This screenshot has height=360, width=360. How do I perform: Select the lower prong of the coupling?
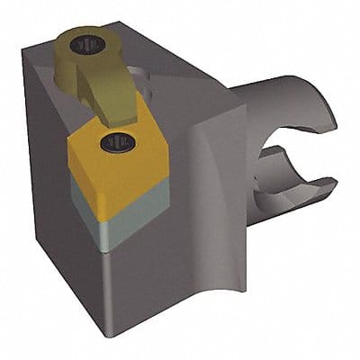pos(288,202)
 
